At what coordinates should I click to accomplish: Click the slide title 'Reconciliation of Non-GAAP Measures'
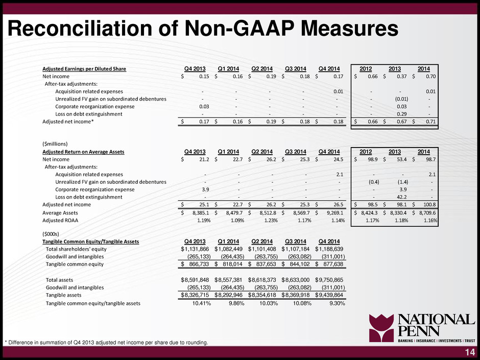[x=203, y=29]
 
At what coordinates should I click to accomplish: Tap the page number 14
[x=470, y=352]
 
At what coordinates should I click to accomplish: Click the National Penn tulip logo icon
[x=381, y=328]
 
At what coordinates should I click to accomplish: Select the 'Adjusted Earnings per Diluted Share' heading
[x=84, y=69]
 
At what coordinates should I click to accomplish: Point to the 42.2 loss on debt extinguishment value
[x=402, y=197]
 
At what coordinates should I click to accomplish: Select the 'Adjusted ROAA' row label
[x=60, y=221]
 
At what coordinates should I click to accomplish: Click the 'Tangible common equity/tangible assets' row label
[x=93, y=303]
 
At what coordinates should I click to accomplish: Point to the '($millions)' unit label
[x=55, y=144]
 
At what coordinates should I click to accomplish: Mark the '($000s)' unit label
[x=51, y=234]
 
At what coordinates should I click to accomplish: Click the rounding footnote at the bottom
[x=106, y=343]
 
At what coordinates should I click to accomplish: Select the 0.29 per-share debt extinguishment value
[x=402, y=114]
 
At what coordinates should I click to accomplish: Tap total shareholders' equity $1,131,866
[x=195, y=249]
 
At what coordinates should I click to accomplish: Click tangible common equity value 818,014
[x=229, y=264]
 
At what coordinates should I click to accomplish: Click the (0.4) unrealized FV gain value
[x=374, y=182]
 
